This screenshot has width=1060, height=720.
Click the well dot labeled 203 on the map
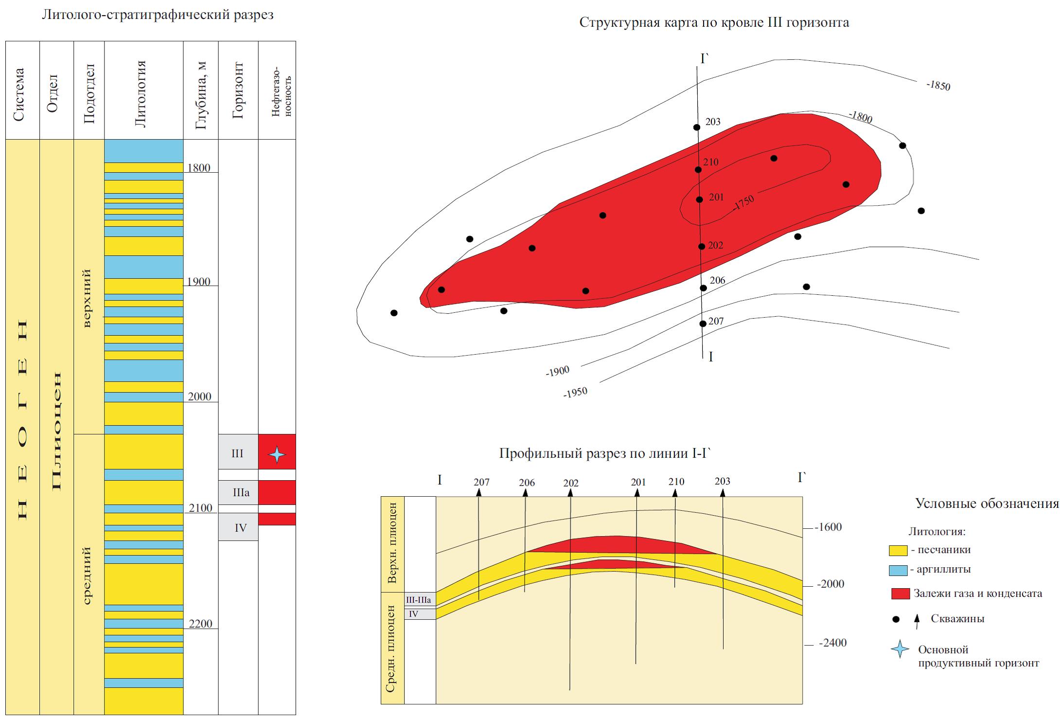pyautogui.click(x=697, y=127)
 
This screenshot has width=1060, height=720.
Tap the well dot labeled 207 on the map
pyautogui.click(x=703, y=324)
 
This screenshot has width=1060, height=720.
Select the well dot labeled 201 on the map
pyautogui.click(x=699, y=199)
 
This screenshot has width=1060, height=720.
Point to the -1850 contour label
pyautogui.click(x=938, y=86)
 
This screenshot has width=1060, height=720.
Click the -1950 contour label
pyautogui.click(x=575, y=392)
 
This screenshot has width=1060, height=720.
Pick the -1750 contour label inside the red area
pyautogui.click(x=743, y=202)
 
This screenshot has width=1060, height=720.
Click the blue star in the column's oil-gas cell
pyautogui.click(x=277, y=454)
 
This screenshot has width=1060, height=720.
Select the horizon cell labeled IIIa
pyautogui.click(x=238, y=492)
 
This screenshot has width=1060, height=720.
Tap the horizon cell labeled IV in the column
pyautogui.click(x=238, y=527)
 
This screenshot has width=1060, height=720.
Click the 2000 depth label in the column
pyautogui.click(x=199, y=396)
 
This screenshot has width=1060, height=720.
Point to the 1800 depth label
pyautogui.click(x=198, y=168)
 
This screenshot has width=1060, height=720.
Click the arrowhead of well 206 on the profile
pyautogui.click(x=525, y=493)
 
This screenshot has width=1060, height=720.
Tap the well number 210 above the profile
pyautogui.click(x=676, y=482)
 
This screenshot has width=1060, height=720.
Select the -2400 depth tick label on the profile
pyautogui.click(x=832, y=643)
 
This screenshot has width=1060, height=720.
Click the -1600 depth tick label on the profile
pyautogui.click(x=828, y=527)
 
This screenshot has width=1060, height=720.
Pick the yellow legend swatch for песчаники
pyautogui.click(x=898, y=550)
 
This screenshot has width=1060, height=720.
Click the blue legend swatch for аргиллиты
pyautogui.click(x=898, y=570)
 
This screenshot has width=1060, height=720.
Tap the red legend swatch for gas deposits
pyautogui.click(x=900, y=594)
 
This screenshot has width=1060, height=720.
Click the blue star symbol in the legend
pyautogui.click(x=900, y=649)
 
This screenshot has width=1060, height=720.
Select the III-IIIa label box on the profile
pyautogui.click(x=418, y=600)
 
